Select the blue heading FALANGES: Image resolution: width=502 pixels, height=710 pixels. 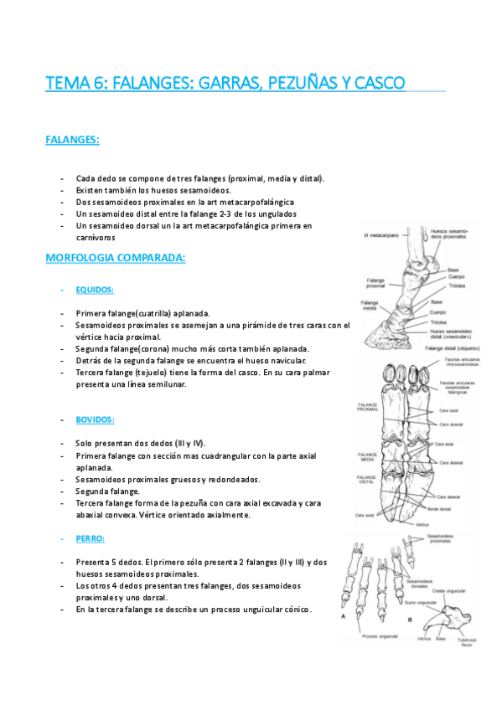pos(72,140)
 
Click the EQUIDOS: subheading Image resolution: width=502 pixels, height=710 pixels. pos(95,290)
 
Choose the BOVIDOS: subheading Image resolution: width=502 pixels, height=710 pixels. pos(95,419)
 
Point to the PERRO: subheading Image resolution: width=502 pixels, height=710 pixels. pos(90,538)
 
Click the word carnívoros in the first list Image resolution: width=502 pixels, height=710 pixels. pos(96,238)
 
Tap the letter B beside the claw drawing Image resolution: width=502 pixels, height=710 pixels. pos(410,618)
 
